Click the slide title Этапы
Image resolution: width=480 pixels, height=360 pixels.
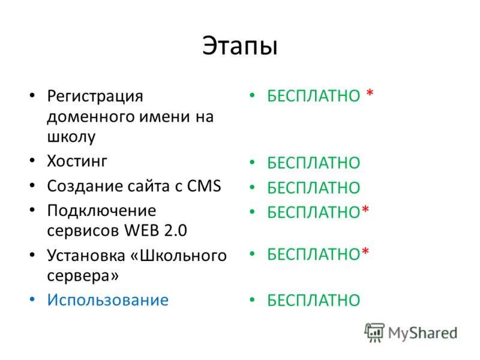coord(240,46)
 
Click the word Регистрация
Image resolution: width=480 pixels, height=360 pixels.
coord(95,97)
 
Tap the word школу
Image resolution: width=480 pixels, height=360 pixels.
coord(71,137)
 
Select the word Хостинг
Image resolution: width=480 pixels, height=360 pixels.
coord(77,161)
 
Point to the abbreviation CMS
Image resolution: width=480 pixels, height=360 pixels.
coord(204,186)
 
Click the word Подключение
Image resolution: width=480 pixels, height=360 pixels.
coord(101,211)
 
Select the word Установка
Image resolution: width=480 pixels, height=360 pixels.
coord(86,256)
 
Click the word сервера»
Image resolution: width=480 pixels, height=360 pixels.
coord(83,275)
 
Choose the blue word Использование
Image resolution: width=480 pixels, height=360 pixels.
coord(108,300)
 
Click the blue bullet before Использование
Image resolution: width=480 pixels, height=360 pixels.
coord(32,299)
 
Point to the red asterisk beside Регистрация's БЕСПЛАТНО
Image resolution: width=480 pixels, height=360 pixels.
coord(370,92)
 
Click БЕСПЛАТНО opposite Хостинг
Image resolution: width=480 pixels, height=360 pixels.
coord(314,163)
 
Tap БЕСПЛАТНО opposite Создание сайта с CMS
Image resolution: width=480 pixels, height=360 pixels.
coord(314,188)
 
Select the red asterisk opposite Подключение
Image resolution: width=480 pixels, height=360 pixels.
coord(365,209)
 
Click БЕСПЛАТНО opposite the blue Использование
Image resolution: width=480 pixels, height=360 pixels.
coord(314,301)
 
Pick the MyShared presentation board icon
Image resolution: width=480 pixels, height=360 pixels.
coord(374,332)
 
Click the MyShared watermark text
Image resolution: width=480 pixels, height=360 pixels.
coord(422,333)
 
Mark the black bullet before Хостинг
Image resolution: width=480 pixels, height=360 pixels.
coord(32,160)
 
